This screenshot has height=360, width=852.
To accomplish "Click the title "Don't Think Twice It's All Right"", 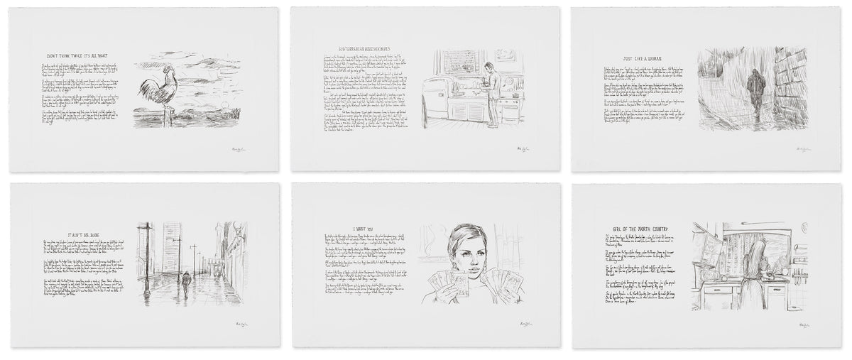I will click(77, 54).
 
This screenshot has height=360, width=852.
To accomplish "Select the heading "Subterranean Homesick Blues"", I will click(359, 54).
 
